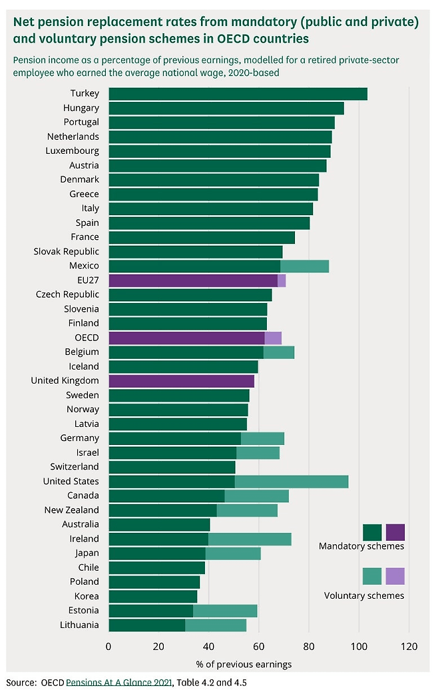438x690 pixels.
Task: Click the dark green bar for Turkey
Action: pos(238,94)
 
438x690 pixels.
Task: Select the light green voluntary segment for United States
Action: pos(292,482)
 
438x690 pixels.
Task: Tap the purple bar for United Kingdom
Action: pos(181,381)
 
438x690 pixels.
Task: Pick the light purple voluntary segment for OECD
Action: pos(273,338)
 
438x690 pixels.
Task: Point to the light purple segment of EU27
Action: pos(282,280)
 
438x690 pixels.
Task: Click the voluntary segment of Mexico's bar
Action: pos(304,266)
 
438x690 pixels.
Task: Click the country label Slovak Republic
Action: pos(66,252)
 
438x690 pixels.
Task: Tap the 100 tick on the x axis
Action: pos(359,646)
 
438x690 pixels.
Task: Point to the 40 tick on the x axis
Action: pos(208,646)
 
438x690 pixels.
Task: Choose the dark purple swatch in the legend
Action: pos(395,532)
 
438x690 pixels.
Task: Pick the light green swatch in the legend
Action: pos(372,576)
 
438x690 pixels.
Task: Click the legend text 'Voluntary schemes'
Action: pos(363,595)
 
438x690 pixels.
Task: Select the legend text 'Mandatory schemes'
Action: pos(361,547)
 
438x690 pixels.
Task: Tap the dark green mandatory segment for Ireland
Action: pos(158,539)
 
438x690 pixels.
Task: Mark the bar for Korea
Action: pos(152,596)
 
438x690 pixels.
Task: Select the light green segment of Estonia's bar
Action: pos(225,611)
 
